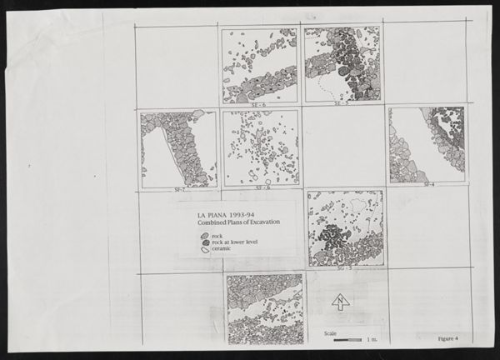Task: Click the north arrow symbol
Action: (341, 302)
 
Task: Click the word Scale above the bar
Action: (331, 332)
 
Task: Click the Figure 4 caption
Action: (452, 338)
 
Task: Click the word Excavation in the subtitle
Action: (259, 222)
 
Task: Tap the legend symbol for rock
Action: (205, 237)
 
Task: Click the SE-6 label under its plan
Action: (259, 105)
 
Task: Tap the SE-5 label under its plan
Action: (341, 105)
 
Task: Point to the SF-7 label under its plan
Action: (177, 190)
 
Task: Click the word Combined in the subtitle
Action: (209, 222)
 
